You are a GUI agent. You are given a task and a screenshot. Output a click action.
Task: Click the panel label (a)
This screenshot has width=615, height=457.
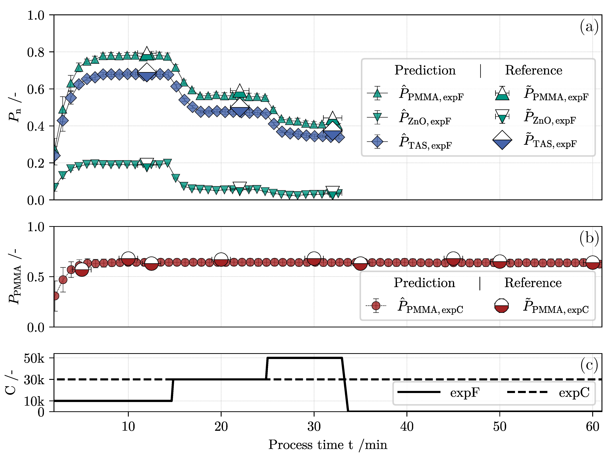pos(589,27)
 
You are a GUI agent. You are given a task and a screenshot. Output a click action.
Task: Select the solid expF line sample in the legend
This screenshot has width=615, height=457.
pos(418,392)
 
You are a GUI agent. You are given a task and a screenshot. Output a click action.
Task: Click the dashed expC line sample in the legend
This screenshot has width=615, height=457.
pos(527,392)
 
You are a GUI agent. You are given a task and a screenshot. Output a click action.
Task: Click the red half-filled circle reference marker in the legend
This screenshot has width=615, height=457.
pos(501,306)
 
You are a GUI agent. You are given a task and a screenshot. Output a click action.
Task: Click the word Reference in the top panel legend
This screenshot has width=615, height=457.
pos(533,70)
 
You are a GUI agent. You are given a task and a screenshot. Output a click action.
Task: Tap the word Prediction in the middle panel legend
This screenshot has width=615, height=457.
pos(424,283)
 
